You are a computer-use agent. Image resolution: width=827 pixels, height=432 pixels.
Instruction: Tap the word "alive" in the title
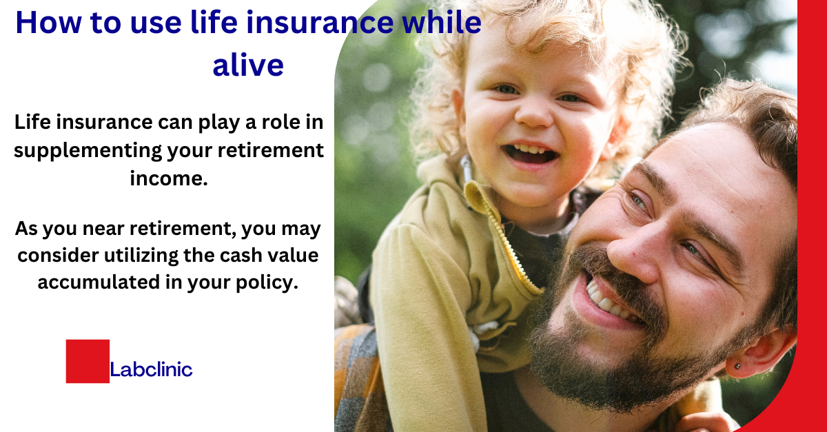(x=247, y=65)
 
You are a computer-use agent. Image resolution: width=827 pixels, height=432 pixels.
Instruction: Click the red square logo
(x=88, y=361)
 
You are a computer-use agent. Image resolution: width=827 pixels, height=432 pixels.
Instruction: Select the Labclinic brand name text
(x=152, y=370)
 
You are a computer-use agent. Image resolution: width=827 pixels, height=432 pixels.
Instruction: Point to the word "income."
(x=168, y=178)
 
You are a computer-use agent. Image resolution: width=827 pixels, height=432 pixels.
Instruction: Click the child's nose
(x=534, y=114)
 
